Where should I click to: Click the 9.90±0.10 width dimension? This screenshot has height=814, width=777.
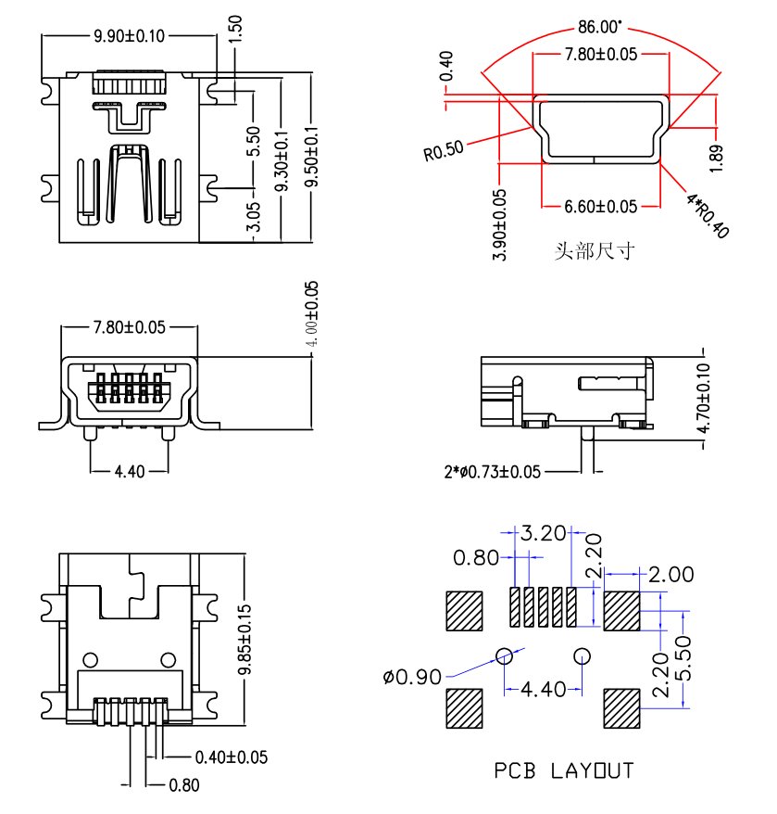[x=129, y=36]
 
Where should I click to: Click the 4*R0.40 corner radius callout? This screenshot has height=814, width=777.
[x=707, y=214]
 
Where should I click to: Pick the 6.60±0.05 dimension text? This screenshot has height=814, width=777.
[x=600, y=206]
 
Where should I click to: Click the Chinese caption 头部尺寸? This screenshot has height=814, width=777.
[x=594, y=251]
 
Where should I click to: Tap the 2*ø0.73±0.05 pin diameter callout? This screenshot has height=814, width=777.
[x=492, y=472]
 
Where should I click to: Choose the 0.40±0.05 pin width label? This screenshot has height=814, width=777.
[x=232, y=757]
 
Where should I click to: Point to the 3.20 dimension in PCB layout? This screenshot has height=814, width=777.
[x=544, y=533]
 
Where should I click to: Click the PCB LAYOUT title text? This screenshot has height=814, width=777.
[x=563, y=770]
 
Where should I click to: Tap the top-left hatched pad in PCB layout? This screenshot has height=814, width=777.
[x=464, y=610]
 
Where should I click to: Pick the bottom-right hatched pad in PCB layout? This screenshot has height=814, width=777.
[x=621, y=707]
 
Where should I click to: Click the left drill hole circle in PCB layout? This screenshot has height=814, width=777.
[x=505, y=656]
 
